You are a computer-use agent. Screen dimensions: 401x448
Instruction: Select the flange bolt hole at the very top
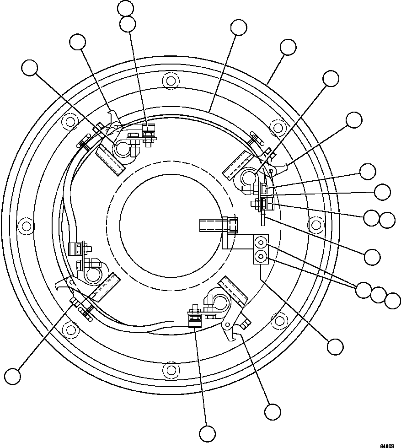(171, 81)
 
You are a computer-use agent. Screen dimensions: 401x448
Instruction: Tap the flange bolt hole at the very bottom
(171, 368)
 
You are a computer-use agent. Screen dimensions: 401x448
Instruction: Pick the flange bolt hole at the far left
(27, 226)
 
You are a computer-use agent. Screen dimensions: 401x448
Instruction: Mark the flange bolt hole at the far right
(315, 224)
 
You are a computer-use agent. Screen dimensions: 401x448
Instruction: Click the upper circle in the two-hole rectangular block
(261, 241)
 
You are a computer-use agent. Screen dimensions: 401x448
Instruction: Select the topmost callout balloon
(125, 8)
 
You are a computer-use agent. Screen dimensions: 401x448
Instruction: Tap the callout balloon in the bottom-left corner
(13, 376)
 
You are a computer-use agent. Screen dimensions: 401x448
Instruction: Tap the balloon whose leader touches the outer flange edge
(288, 48)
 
